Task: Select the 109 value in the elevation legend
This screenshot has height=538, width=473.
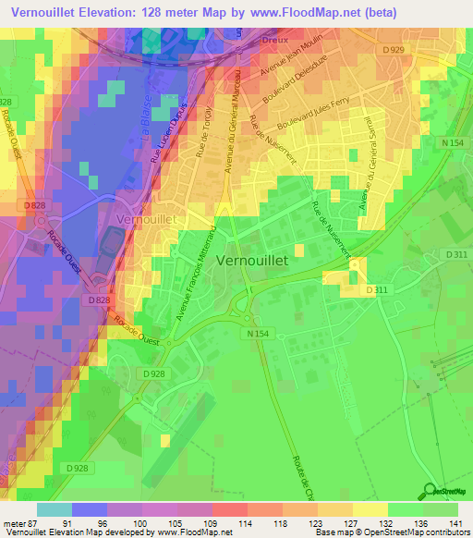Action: pyautogui.click(x=212, y=526)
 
